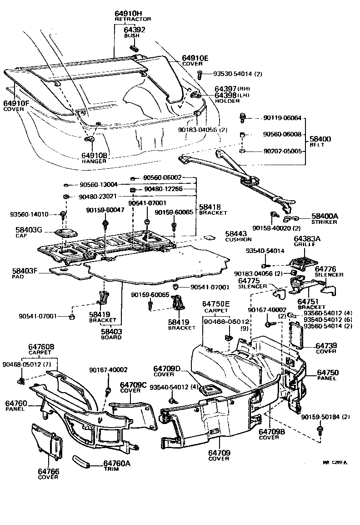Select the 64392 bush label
[x=134, y=30]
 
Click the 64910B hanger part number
[x=95, y=156]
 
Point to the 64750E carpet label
[x=216, y=303]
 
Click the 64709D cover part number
[x=167, y=368]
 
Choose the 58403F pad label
[x=25, y=271]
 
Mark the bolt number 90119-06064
[x=282, y=118]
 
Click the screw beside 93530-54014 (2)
[x=200, y=74]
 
